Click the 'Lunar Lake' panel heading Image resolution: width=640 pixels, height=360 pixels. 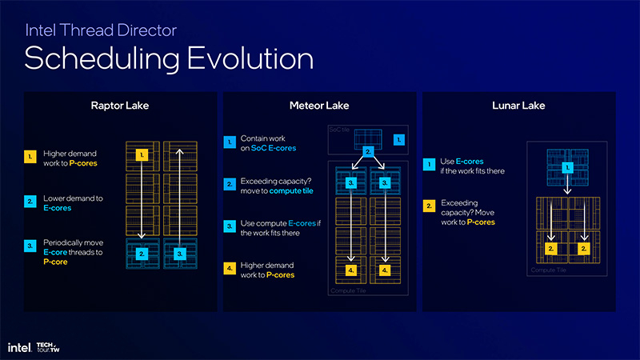518,106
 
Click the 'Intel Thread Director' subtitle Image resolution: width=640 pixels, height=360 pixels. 101,30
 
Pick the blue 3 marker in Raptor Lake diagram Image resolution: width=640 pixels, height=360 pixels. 181,254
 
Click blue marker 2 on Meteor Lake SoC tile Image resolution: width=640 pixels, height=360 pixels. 368,150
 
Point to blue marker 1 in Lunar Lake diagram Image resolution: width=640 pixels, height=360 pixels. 566,167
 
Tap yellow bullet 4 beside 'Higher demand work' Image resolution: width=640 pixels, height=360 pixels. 230,269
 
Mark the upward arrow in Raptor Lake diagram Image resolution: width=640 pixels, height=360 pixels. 181,192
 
